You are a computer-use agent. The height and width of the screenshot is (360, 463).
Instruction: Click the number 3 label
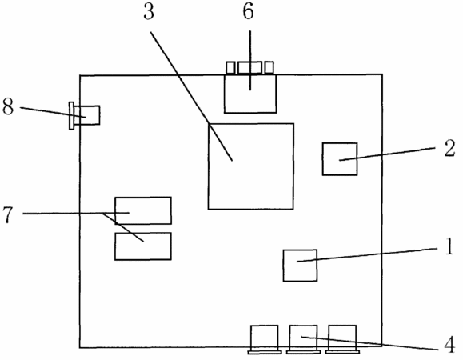pyautogui.click(x=149, y=13)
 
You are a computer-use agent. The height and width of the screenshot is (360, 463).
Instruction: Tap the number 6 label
pyautogui.click(x=249, y=13)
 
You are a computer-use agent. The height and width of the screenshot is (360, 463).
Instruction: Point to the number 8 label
pyautogui.click(x=8, y=106)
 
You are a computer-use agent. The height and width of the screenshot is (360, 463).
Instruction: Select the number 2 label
pyautogui.click(x=449, y=148)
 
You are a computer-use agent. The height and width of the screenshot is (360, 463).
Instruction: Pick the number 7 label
pyautogui.click(x=8, y=214)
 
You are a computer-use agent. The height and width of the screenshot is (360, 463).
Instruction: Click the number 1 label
pyautogui.click(x=449, y=247)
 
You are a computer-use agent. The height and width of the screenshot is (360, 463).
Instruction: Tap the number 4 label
pyautogui.click(x=449, y=345)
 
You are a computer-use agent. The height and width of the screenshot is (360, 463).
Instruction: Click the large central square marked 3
pyautogui.click(x=251, y=166)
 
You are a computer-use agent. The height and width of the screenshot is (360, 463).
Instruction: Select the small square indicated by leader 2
pyautogui.click(x=340, y=159)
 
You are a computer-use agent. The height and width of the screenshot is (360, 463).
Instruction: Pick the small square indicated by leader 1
pyautogui.click(x=301, y=266)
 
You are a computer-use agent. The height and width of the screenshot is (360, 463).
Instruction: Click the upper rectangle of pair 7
pyautogui.click(x=143, y=210)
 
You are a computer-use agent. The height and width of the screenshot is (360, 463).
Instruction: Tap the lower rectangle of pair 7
pyautogui.click(x=143, y=246)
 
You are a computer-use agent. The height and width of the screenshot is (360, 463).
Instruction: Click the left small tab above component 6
pyautogui.click(x=230, y=68)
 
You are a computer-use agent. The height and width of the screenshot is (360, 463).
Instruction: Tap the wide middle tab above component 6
pyautogui.click(x=250, y=68)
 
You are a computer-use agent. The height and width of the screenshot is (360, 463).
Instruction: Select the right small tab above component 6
pyautogui.click(x=269, y=68)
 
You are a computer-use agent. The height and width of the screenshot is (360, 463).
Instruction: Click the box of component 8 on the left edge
pyautogui.click(x=87, y=115)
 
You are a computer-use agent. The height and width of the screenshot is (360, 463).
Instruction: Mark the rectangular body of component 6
pyautogui.click(x=250, y=94)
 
